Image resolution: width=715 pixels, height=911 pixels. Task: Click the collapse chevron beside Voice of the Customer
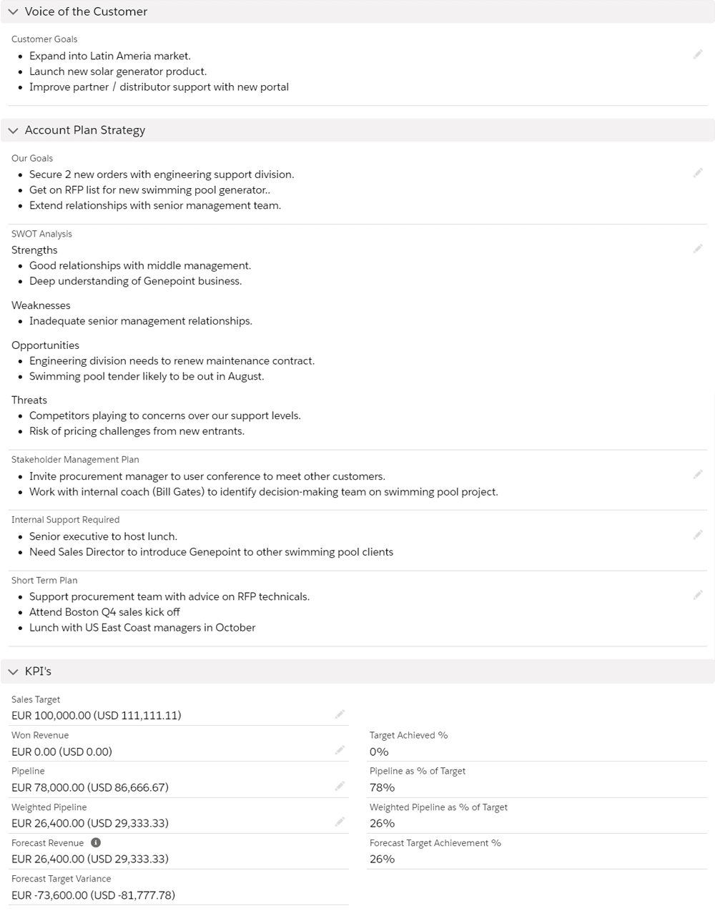pos(13,12)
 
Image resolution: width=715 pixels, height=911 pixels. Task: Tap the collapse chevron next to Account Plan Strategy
pos(13,131)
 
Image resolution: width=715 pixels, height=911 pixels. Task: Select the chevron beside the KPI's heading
pos(13,671)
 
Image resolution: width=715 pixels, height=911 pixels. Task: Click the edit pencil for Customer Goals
pos(698,55)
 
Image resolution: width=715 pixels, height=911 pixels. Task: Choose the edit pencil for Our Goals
pos(698,173)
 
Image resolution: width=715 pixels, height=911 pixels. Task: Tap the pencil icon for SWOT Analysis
pos(698,249)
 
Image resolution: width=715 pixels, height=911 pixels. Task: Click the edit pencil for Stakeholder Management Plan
pos(698,475)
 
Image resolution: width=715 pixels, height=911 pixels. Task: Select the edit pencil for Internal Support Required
pos(698,535)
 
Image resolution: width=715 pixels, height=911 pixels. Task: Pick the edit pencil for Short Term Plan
pos(698,595)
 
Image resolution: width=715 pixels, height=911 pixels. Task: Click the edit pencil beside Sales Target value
pos(340,714)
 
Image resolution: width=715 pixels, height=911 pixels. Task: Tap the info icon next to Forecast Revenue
pos(96,843)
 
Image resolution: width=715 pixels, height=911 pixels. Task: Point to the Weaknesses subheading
pos(41,305)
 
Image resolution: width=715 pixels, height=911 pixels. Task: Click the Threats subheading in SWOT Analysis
pos(29,400)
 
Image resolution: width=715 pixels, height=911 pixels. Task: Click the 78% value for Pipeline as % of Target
pos(382,787)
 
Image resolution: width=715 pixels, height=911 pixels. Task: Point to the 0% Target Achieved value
pos(379,752)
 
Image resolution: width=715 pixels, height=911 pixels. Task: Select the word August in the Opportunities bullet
pos(245,377)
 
